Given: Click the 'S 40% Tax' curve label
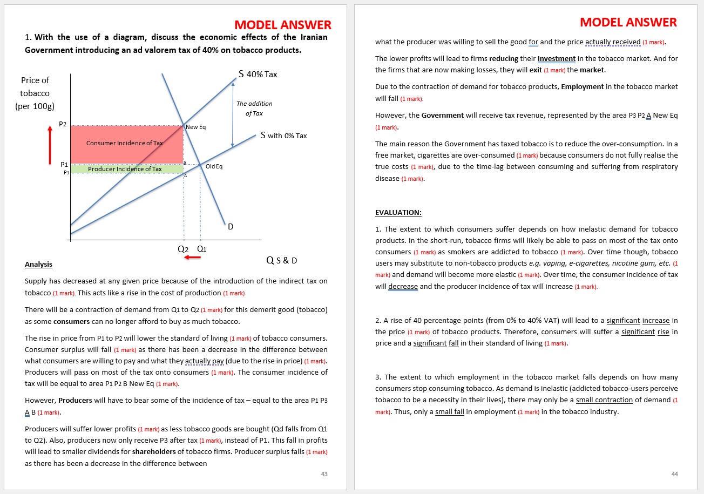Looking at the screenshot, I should [x=258, y=74].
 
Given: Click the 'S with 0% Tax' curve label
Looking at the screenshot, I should [x=283, y=136].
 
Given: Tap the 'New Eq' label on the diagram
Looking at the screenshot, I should [x=195, y=127].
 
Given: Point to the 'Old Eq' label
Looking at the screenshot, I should [x=214, y=166].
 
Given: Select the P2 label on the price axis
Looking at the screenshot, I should [x=63, y=124].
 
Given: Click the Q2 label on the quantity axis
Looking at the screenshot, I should [x=184, y=249].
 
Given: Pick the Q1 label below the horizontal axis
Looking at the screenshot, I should [x=201, y=249].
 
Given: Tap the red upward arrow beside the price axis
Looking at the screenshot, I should [x=50, y=146].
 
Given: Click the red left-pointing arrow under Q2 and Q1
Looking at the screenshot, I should [x=192, y=258].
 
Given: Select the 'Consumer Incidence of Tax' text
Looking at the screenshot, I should [x=124, y=143].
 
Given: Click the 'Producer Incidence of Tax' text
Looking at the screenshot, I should [x=125, y=169].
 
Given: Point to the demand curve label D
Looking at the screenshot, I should [x=231, y=227].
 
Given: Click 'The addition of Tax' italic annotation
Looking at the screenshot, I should [x=254, y=108].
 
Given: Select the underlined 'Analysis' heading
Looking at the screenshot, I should [x=38, y=264].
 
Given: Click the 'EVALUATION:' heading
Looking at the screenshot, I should [x=398, y=212].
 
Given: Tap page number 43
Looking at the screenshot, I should [x=324, y=474].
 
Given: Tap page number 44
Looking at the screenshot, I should [x=674, y=474].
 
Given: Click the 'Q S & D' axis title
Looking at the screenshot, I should [x=282, y=261].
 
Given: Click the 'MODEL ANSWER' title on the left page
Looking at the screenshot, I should [x=283, y=25].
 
